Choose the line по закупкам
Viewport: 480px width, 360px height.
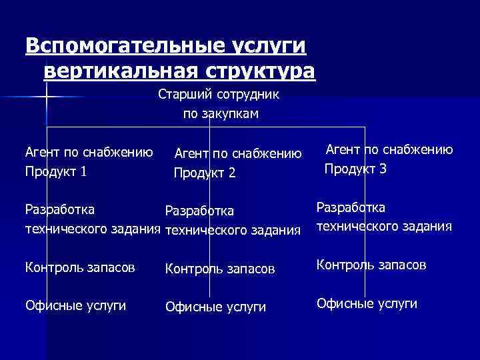pos(221,114)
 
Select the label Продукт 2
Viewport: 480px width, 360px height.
pos(205,173)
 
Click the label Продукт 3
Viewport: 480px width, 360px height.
pos(355,169)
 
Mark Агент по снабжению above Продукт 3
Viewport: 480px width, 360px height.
pos(389,150)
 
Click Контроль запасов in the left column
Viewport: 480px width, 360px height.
pos(79,267)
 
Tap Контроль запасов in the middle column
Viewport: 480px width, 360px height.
pos(219,269)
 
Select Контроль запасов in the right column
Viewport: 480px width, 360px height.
pos(371,265)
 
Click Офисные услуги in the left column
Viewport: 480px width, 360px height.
pos(75,305)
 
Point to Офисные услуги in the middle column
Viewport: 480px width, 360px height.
pos(215,307)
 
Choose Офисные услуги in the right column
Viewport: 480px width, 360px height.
pos(367,303)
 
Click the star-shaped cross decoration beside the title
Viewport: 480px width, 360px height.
pos(45,98)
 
